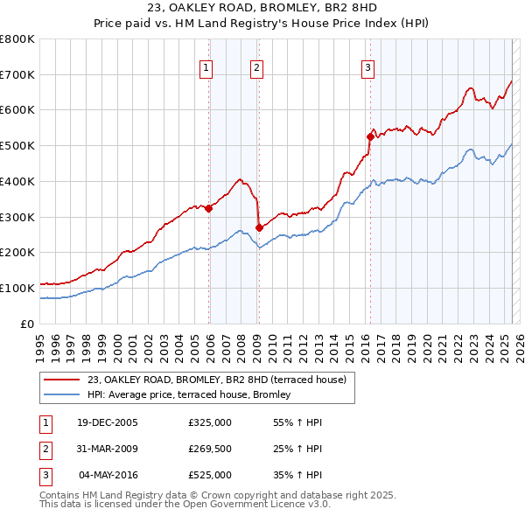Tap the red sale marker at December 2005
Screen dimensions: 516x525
click(x=209, y=208)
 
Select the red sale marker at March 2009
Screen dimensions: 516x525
click(x=259, y=227)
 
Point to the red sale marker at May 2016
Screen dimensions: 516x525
click(x=370, y=136)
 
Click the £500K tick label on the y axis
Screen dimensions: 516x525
click(x=17, y=145)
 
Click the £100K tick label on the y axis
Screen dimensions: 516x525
click(x=17, y=288)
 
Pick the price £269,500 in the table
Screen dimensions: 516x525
click(x=210, y=449)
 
